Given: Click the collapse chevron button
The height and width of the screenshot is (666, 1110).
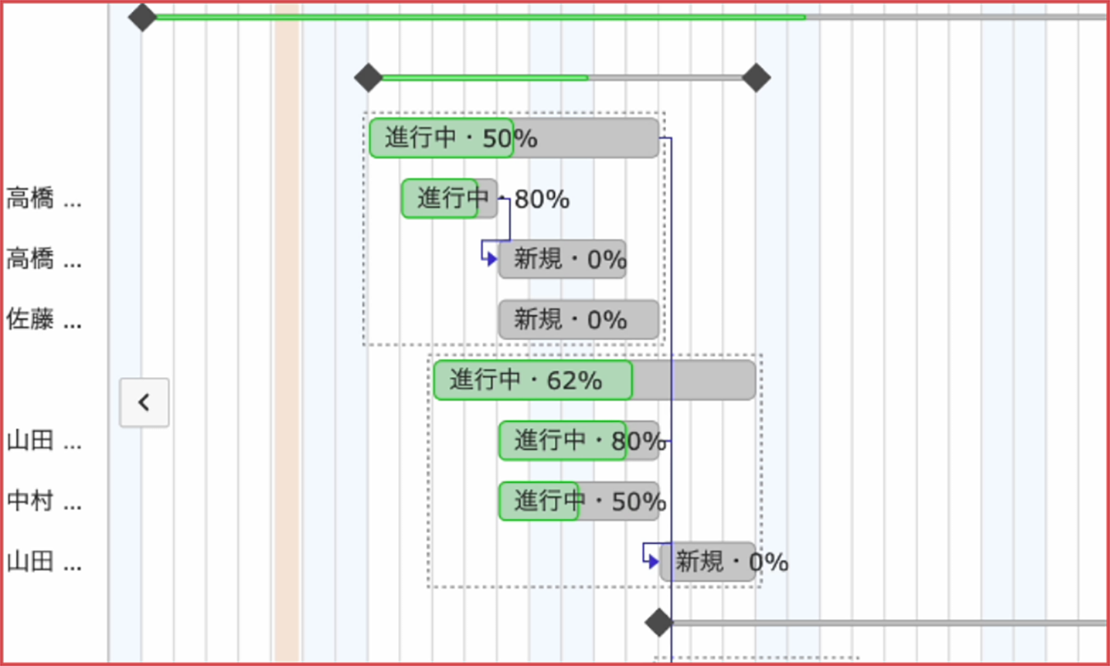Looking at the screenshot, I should tap(143, 402).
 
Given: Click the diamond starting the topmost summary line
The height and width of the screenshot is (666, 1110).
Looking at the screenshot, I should tap(143, 16).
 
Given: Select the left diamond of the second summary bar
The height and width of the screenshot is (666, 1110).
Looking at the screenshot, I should tap(369, 78).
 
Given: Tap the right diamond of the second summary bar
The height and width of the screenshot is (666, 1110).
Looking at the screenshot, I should tap(756, 78).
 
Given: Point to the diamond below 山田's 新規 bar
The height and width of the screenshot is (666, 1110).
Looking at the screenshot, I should tap(658, 622).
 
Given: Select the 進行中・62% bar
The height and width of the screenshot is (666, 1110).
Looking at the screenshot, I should tap(593, 380).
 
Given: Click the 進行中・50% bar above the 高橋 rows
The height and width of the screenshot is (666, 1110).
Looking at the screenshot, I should tap(513, 138).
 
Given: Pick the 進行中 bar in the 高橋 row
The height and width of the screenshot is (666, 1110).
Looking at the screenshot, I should tap(449, 198).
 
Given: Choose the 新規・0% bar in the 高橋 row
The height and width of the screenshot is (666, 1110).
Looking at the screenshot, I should tap(562, 259).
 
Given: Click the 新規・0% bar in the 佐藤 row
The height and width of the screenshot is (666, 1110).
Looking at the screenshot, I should tap(578, 319).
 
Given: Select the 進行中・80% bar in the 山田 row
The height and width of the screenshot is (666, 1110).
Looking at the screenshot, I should tap(578, 441).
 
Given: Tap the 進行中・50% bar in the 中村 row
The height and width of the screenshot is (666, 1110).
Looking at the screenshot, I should tap(578, 501).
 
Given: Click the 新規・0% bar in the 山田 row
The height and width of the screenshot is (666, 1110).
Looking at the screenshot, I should tap(707, 562).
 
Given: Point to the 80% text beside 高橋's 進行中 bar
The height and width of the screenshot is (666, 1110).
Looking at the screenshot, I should tap(541, 199).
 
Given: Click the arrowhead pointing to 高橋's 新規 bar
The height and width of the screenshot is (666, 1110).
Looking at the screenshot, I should tap(492, 259).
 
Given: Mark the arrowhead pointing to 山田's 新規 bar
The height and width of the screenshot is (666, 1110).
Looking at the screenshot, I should tap(653, 562).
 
